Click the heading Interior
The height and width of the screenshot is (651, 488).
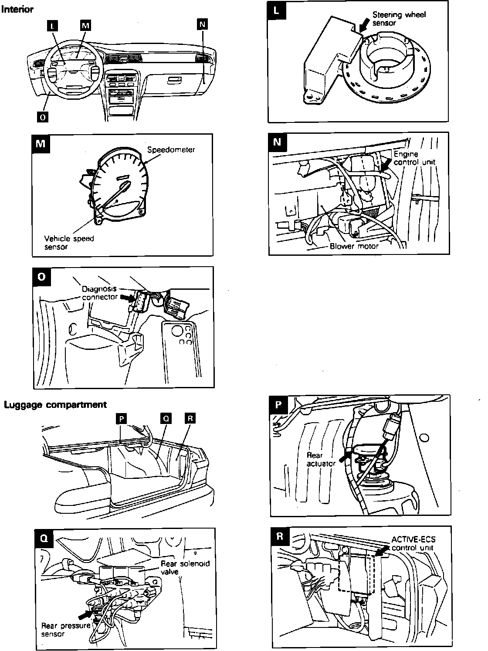click(17, 9)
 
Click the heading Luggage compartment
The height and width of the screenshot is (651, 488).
click(55, 405)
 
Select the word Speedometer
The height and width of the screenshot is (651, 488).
click(171, 150)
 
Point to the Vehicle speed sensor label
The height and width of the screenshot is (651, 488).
click(69, 243)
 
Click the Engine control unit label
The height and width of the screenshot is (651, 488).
click(414, 158)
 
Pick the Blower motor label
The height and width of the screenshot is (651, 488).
click(354, 246)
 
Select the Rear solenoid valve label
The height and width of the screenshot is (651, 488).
click(185, 567)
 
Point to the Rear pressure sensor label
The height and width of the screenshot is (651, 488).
click(65, 630)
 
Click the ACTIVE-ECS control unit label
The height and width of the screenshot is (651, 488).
click(413, 543)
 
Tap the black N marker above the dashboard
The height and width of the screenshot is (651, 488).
click(202, 24)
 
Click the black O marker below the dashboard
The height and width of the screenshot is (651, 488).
click(42, 117)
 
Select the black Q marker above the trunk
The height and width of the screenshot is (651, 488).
click(166, 418)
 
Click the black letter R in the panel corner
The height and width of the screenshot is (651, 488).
click(280, 537)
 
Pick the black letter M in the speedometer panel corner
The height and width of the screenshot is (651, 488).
click(41, 143)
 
